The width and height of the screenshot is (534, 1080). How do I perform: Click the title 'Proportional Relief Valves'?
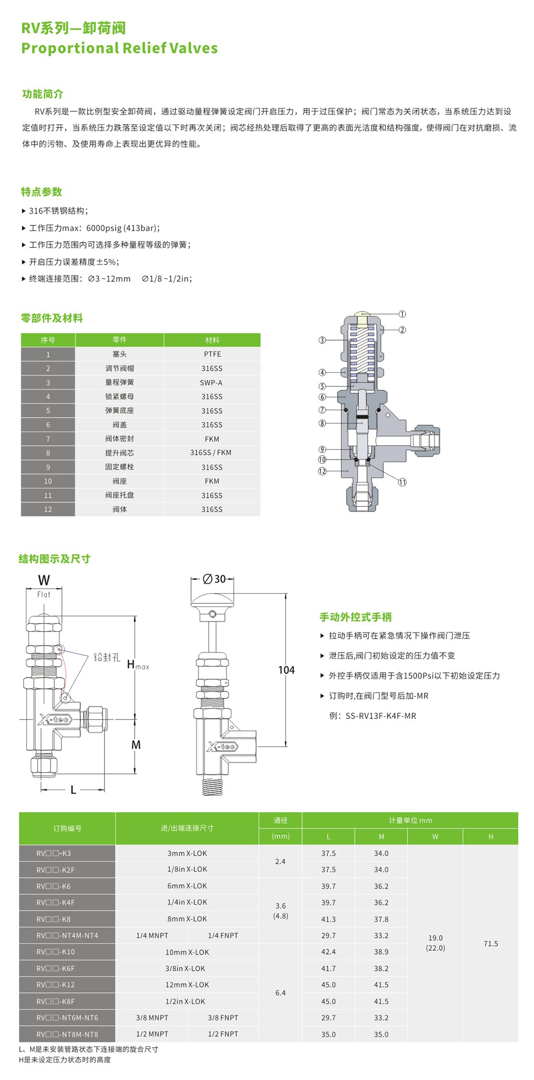(120, 48)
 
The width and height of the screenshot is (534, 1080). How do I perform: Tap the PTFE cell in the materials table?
(212, 354)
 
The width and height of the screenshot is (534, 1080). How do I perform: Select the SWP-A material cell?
(211, 383)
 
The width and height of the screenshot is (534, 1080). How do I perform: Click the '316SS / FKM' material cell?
(210, 453)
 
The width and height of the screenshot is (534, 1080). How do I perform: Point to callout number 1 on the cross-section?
(402, 314)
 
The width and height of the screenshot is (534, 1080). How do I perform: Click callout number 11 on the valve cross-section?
(402, 482)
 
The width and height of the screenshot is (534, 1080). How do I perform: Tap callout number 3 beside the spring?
(322, 340)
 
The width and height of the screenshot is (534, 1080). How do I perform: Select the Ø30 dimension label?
(214, 579)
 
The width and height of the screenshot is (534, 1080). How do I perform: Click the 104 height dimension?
(286, 670)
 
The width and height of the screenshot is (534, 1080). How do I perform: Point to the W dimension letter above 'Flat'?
(44, 580)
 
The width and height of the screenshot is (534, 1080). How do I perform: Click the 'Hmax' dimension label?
(137, 665)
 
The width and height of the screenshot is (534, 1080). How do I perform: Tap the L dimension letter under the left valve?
(73, 790)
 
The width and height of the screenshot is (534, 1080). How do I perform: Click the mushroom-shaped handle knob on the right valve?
(213, 600)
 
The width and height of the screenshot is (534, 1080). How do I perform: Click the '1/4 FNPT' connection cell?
(223, 935)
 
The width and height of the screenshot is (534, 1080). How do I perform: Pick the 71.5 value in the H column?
(490, 944)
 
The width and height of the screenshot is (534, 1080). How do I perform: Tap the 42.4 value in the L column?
(328, 952)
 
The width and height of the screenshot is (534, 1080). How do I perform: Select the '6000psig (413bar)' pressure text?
(123, 228)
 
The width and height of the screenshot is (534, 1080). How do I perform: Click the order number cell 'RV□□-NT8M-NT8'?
(67, 1034)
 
